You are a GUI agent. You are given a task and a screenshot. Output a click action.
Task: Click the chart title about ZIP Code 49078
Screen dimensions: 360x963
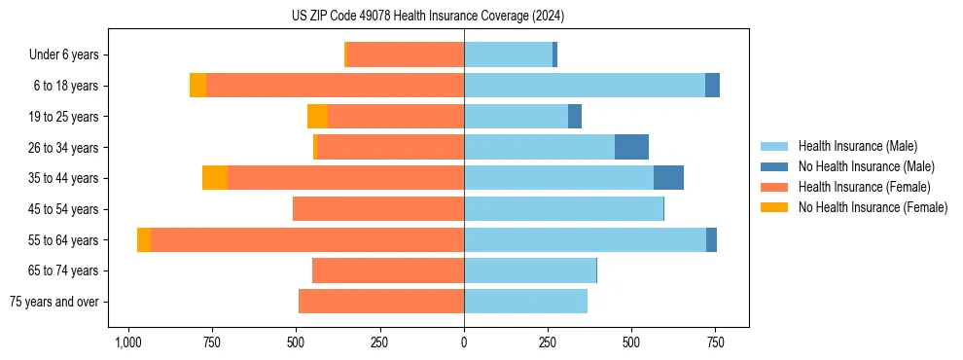pyautogui.click(x=427, y=17)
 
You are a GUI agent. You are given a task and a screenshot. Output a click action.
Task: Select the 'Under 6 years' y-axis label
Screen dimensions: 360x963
pyautogui.click(x=69, y=55)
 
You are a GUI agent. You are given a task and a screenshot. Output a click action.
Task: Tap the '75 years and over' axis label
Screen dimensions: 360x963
pyautogui.click(x=53, y=302)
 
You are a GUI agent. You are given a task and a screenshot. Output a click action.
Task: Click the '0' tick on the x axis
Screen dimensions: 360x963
pyautogui.click(x=464, y=343)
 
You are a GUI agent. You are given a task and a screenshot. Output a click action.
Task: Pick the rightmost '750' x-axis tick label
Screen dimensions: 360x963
pyautogui.click(x=715, y=343)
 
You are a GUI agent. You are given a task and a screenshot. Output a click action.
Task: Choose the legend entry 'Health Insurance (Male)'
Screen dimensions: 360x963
pyautogui.click(x=857, y=146)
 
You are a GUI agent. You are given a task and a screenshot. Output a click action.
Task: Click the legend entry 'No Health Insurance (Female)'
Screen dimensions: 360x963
pyautogui.click(x=873, y=207)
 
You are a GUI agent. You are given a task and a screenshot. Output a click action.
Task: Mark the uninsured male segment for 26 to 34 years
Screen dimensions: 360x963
pyautogui.click(x=631, y=147)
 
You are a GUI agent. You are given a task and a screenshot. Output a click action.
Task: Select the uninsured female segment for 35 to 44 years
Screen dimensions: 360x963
pyautogui.click(x=215, y=178)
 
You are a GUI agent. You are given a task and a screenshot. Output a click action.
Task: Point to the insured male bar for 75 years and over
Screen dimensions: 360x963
pyautogui.click(x=525, y=302)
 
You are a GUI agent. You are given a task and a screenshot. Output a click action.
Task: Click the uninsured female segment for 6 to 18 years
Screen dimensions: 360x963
pyautogui.click(x=197, y=86)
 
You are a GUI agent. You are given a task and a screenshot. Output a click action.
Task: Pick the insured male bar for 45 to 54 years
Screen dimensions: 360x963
pyautogui.click(x=563, y=209)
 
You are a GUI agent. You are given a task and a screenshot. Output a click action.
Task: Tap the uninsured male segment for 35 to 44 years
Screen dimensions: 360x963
pyautogui.click(x=668, y=178)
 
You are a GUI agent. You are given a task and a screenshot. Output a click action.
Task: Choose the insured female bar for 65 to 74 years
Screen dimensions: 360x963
pyautogui.click(x=388, y=270)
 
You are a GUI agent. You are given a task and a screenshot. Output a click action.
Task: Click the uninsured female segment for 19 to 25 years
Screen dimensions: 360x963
pyautogui.click(x=317, y=117)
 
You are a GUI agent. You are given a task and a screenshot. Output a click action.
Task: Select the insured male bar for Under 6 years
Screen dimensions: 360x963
pyautogui.click(x=508, y=55)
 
